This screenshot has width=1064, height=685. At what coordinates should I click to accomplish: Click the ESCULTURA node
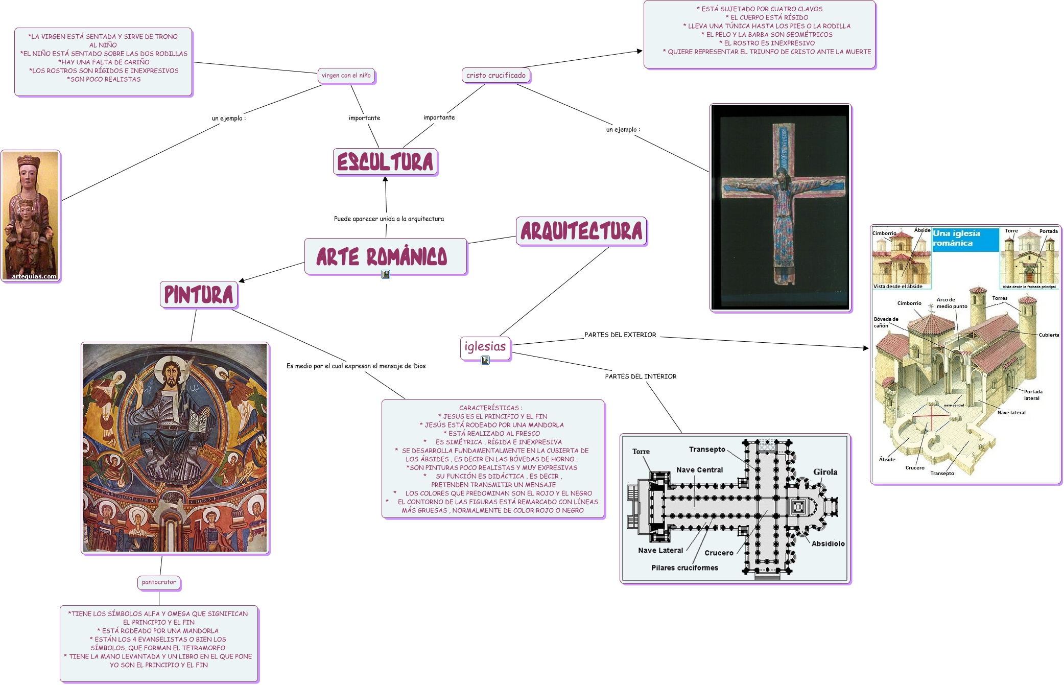(x=385, y=162)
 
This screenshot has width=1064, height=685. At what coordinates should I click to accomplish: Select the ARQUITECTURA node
(x=581, y=231)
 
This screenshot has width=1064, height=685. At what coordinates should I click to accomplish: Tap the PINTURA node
(x=199, y=295)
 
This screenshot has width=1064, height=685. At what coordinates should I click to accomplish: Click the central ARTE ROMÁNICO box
(x=386, y=256)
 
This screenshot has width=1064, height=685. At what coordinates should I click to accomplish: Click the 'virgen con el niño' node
(x=346, y=76)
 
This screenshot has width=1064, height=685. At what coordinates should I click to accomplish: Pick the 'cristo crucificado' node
(x=496, y=76)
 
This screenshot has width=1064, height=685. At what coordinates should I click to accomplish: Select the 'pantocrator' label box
(x=159, y=582)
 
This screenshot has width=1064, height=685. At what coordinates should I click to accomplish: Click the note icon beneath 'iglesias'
(x=485, y=360)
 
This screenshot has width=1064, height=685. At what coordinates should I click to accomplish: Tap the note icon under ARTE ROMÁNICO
(x=386, y=274)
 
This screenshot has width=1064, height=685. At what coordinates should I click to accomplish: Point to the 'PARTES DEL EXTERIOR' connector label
(x=620, y=335)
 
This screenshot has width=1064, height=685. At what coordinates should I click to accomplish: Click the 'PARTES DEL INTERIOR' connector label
(x=641, y=376)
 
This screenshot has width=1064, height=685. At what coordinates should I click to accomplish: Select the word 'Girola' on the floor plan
(x=825, y=472)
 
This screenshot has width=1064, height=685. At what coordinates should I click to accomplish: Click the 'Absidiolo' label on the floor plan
(x=828, y=544)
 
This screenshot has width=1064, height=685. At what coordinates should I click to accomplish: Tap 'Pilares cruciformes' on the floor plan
(x=684, y=568)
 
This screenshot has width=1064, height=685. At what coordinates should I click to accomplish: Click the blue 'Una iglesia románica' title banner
(x=965, y=240)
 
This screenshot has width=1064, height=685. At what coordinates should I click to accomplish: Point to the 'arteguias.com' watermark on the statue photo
(x=34, y=276)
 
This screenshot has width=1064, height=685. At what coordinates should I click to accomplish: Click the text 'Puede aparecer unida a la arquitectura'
(x=389, y=219)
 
